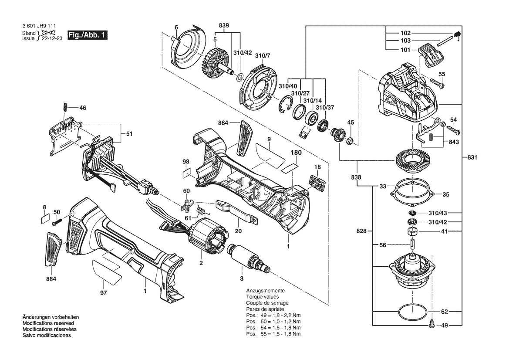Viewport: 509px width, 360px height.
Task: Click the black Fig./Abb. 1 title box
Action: [88, 35]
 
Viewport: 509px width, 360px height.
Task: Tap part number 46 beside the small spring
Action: [83, 108]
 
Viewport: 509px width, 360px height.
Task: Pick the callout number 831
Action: [472, 157]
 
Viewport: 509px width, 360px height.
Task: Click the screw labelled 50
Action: [57, 223]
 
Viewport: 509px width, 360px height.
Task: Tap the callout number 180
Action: [296, 153]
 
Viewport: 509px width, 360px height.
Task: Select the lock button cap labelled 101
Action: [430, 56]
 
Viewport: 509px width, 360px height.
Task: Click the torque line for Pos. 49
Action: [273, 315]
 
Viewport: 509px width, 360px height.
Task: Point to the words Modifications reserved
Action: [48, 323]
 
